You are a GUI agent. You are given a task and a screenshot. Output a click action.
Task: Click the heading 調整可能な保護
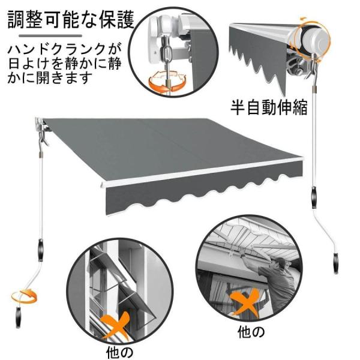[71, 20]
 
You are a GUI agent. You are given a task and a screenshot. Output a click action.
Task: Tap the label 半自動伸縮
[269, 107]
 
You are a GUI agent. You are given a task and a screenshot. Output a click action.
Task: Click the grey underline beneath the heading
[50, 36]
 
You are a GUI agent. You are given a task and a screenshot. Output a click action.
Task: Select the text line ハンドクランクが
[64, 49]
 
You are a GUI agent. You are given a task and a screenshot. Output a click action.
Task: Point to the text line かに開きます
[50, 78]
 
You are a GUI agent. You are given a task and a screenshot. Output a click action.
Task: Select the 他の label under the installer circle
[251, 332]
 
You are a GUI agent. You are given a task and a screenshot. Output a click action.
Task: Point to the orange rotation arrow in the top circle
[166, 82]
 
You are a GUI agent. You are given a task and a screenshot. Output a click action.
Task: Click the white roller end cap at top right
[314, 39]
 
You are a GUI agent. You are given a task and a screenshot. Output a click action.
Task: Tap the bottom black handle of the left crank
[19, 317]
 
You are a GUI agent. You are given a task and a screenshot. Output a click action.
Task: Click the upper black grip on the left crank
[41, 250]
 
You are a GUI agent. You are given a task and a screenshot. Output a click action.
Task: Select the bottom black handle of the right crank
[336, 263]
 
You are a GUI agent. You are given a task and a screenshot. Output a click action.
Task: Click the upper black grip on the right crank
[314, 198]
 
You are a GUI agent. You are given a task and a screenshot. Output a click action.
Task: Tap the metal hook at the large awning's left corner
[44, 139]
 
